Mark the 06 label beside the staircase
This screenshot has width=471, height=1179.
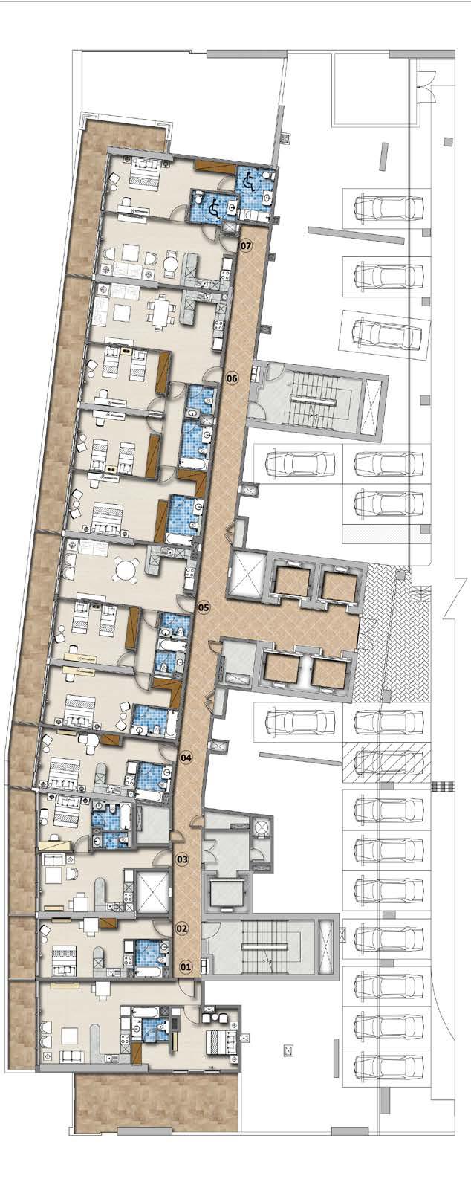tap(232, 378)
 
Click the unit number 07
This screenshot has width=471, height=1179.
tap(246, 245)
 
